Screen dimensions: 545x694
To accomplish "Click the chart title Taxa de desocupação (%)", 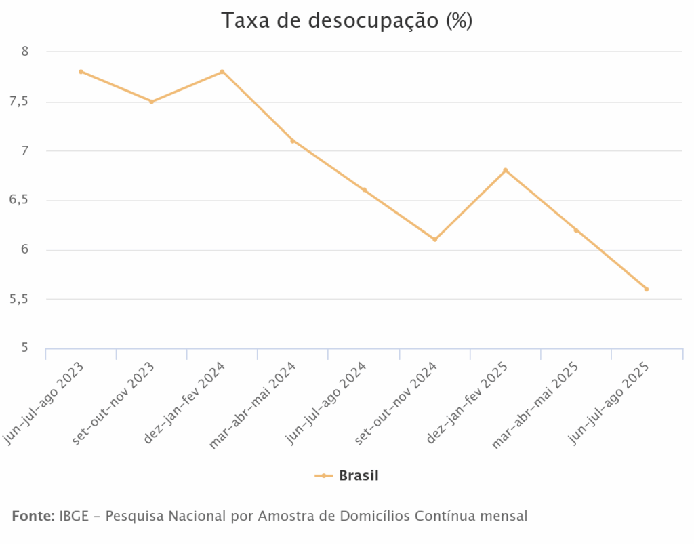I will pyautogui.click(x=346, y=21).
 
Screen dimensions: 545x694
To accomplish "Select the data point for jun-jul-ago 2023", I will pyautogui.click(x=81, y=71).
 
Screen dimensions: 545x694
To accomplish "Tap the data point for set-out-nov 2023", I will pyautogui.click(x=152, y=102).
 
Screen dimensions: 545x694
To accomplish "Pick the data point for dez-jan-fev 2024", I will pyautogui.click(x=222, y=71).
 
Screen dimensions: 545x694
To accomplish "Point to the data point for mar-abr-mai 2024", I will pyautogui.click(x=293, y=141).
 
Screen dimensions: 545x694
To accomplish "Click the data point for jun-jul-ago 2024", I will pyautogui.click(x=364, y=190).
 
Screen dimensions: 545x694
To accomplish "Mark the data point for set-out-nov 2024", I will pyautogui.click(x=434, y=239).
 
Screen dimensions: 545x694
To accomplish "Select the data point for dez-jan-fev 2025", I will pyautogui.click(x=506, y=170).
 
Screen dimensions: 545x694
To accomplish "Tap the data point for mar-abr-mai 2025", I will pyautogui.click(x=576, y=230).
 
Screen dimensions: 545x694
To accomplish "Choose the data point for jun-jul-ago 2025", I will pyautogui.click(x=647, y=289).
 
